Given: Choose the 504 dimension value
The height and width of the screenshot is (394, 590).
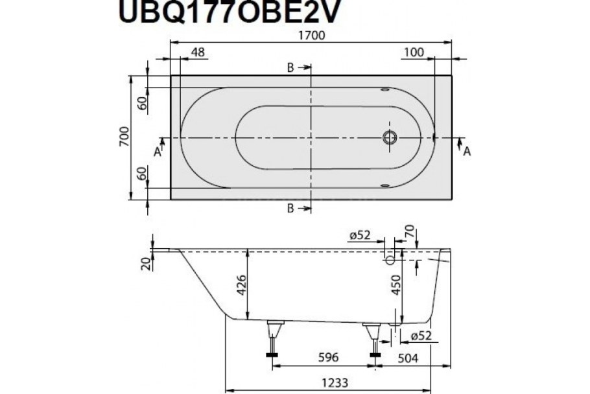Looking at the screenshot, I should (407, 357).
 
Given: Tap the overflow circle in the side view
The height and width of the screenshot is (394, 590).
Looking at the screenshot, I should (390, 260).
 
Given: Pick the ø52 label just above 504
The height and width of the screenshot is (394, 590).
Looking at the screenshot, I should (422, 336).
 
